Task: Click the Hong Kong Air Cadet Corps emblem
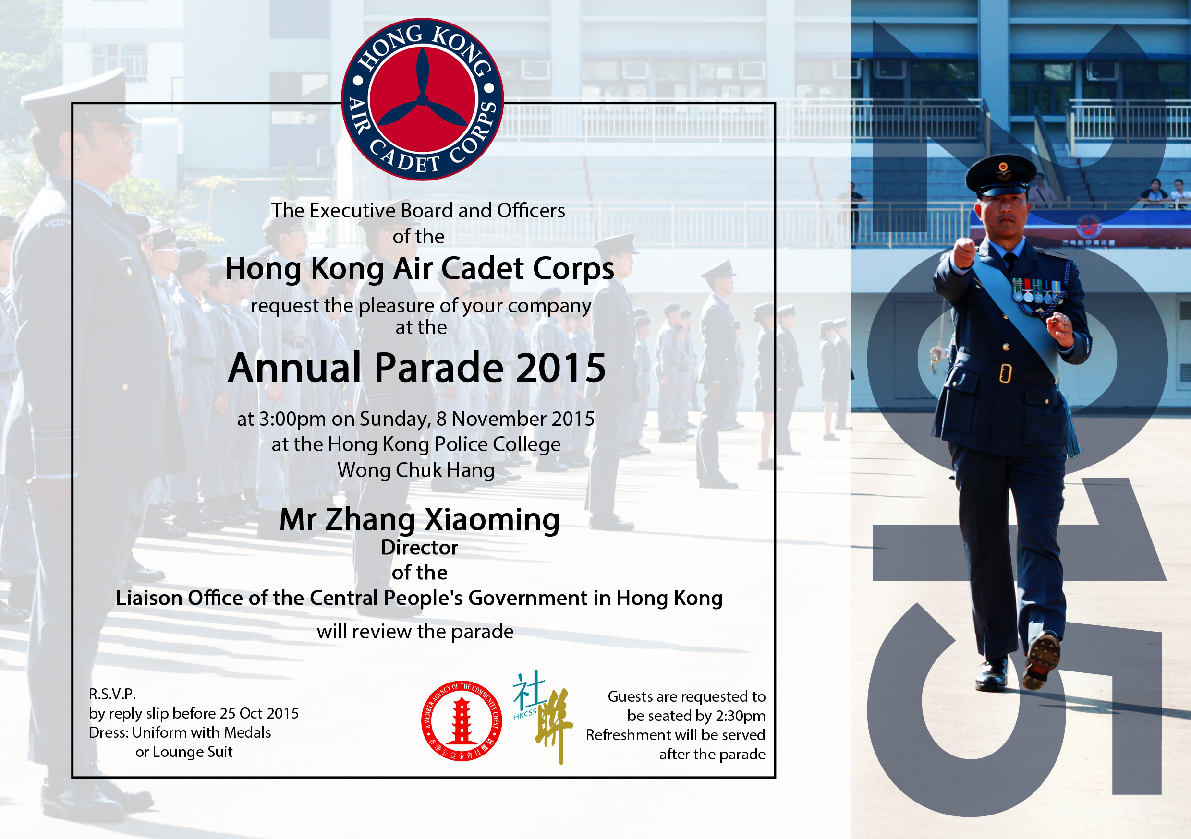point(422,99)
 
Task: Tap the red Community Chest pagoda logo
point(461,721)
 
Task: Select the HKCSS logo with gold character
point(543,717)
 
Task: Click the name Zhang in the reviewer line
point(370,520)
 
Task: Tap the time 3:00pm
point(292,419)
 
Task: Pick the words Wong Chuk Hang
point(416,470)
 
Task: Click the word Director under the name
point(420,548)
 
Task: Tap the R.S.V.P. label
point(112,694)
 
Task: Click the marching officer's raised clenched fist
point(964,252)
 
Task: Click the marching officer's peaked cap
point(1001,175)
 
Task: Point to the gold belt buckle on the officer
point(1005,373)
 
